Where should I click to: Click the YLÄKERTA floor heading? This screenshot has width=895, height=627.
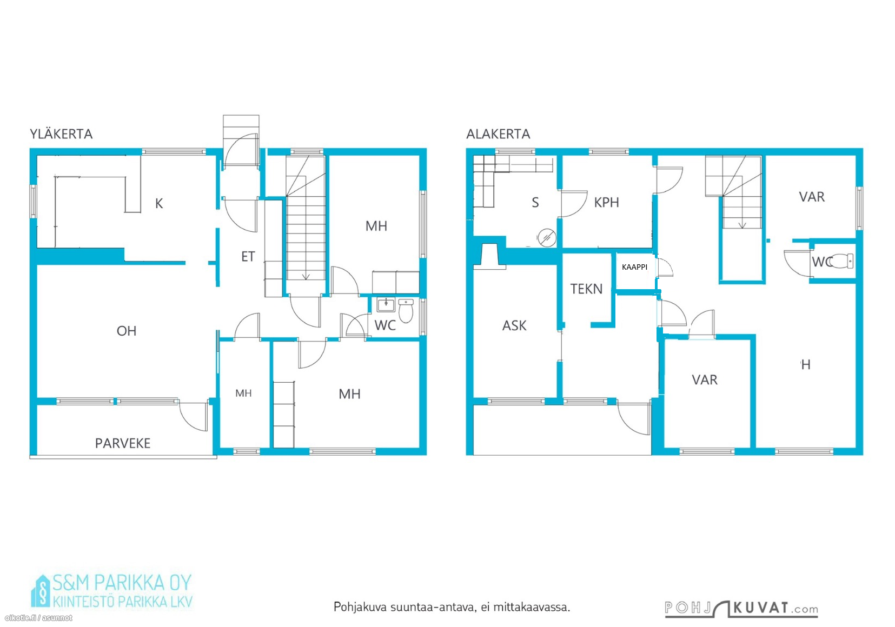point(61,134)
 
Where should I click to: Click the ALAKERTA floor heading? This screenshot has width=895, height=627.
point(498,134)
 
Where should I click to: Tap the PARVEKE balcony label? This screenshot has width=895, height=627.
point(123,443)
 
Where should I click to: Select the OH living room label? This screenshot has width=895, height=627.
point(127,331)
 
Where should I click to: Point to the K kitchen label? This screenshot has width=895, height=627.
point(159,204)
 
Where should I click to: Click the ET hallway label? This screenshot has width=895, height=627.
point(248,256)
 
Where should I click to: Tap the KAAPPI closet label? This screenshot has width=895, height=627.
point(634,267)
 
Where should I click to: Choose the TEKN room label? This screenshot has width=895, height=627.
point(586,289)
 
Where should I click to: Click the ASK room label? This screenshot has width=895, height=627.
point(514,326)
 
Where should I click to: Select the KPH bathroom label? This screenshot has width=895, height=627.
point(607,203)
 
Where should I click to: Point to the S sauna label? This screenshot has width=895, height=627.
point(535,203)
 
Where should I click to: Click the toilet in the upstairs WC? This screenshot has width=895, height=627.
point(406,311)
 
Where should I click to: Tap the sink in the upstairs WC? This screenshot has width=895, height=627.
point(386,305)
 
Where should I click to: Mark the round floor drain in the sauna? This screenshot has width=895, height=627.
point(547,238)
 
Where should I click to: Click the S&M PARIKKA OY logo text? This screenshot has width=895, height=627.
point(122,583)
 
